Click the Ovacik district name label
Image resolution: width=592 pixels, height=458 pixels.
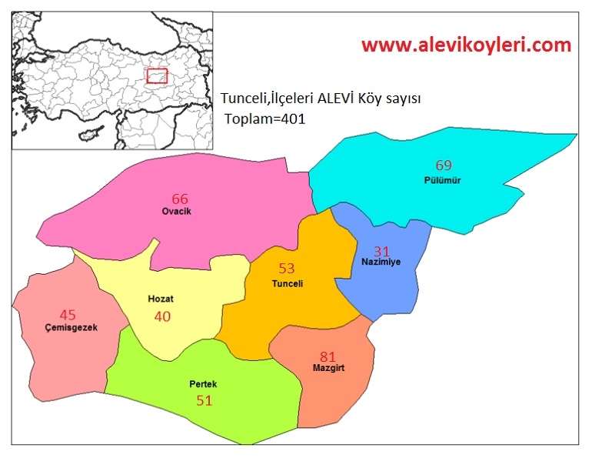click(x=176, y=211)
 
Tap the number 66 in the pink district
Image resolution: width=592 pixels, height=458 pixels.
click(x=179, y=199)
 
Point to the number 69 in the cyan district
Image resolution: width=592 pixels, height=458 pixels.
click(x=444, y=165)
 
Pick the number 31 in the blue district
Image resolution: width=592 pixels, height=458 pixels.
click(x=382, y=251)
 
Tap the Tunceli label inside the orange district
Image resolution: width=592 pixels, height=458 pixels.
click(x=288, y=283)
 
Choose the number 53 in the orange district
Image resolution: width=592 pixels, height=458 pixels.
click(x=287, y=269)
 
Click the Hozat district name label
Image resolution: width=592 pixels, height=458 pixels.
click(x=161, y=299)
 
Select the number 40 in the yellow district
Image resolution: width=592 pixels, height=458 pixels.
click(x=162, y=316)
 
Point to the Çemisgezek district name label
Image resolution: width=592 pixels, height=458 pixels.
click(x=71, y=328)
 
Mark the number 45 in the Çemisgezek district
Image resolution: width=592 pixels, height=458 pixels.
click(x=68, y=314)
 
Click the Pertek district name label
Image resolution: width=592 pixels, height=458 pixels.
click(x=203, y=383)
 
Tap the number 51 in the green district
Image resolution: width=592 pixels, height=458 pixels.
click(x=204, y=400)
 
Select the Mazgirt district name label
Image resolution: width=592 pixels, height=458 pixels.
click(x=328, y=368)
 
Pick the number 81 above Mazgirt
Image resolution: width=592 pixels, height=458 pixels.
click(x=328, y=356)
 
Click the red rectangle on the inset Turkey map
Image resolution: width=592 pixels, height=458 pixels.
click(x=157, y=75)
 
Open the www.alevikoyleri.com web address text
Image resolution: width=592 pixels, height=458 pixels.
click(x=467, y=45)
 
